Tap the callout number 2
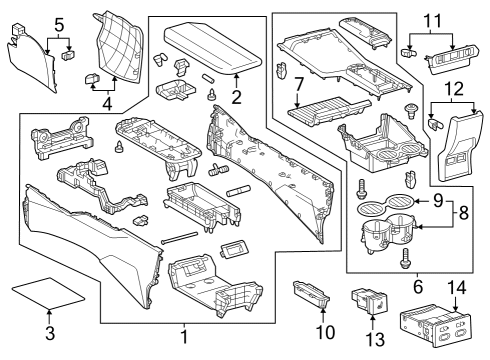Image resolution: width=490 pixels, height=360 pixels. click(236, 98)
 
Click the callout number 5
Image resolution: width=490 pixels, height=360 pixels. click(58, 22)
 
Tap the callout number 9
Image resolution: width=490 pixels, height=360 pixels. click(435, 202)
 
